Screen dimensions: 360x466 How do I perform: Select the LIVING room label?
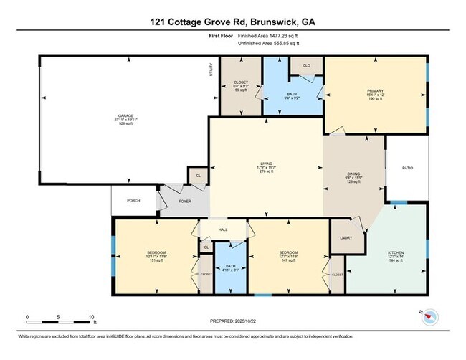[266, 166]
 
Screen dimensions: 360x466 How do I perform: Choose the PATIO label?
[407, 168]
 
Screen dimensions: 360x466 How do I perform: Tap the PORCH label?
[133, 201]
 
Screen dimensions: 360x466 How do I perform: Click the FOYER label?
[184, 202]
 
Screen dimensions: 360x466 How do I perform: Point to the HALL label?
[223, 230]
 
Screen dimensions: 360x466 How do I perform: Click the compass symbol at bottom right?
[429, 316]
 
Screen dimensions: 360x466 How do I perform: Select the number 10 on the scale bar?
[91, 316]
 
